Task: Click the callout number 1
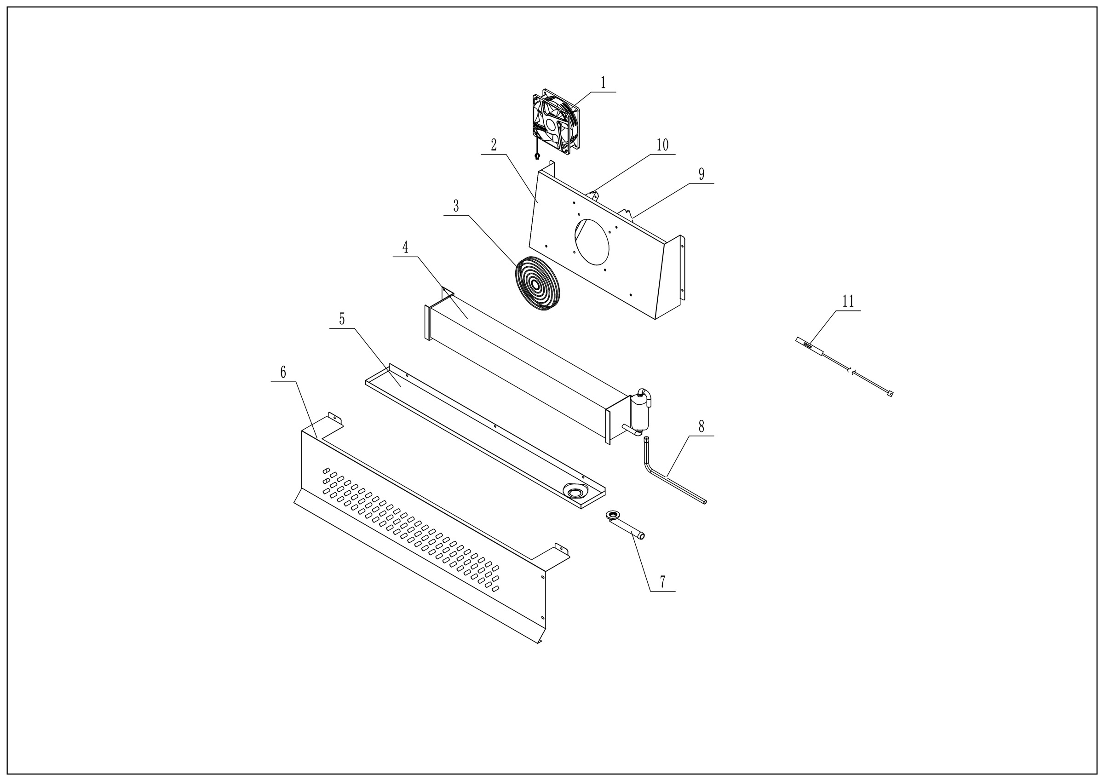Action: (x=603, y=83)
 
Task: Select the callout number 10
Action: (x=662, y=145)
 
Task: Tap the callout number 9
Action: (x=701, y=174)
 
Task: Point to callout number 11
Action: (x=848, y=302)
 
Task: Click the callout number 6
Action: (x=283, y=372)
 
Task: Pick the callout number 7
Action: (x=662, y=581)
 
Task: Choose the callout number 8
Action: (x=701, y=426)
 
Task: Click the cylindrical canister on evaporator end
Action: (x=639, y=413)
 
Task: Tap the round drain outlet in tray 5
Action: (x=574, y=492)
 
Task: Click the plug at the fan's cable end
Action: (x=537, y=156)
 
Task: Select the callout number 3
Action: (x=456, y=207)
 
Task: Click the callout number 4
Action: (x=405, y=247)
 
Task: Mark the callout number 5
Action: (x=342, y=319)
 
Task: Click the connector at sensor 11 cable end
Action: (x=890, y=394)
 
